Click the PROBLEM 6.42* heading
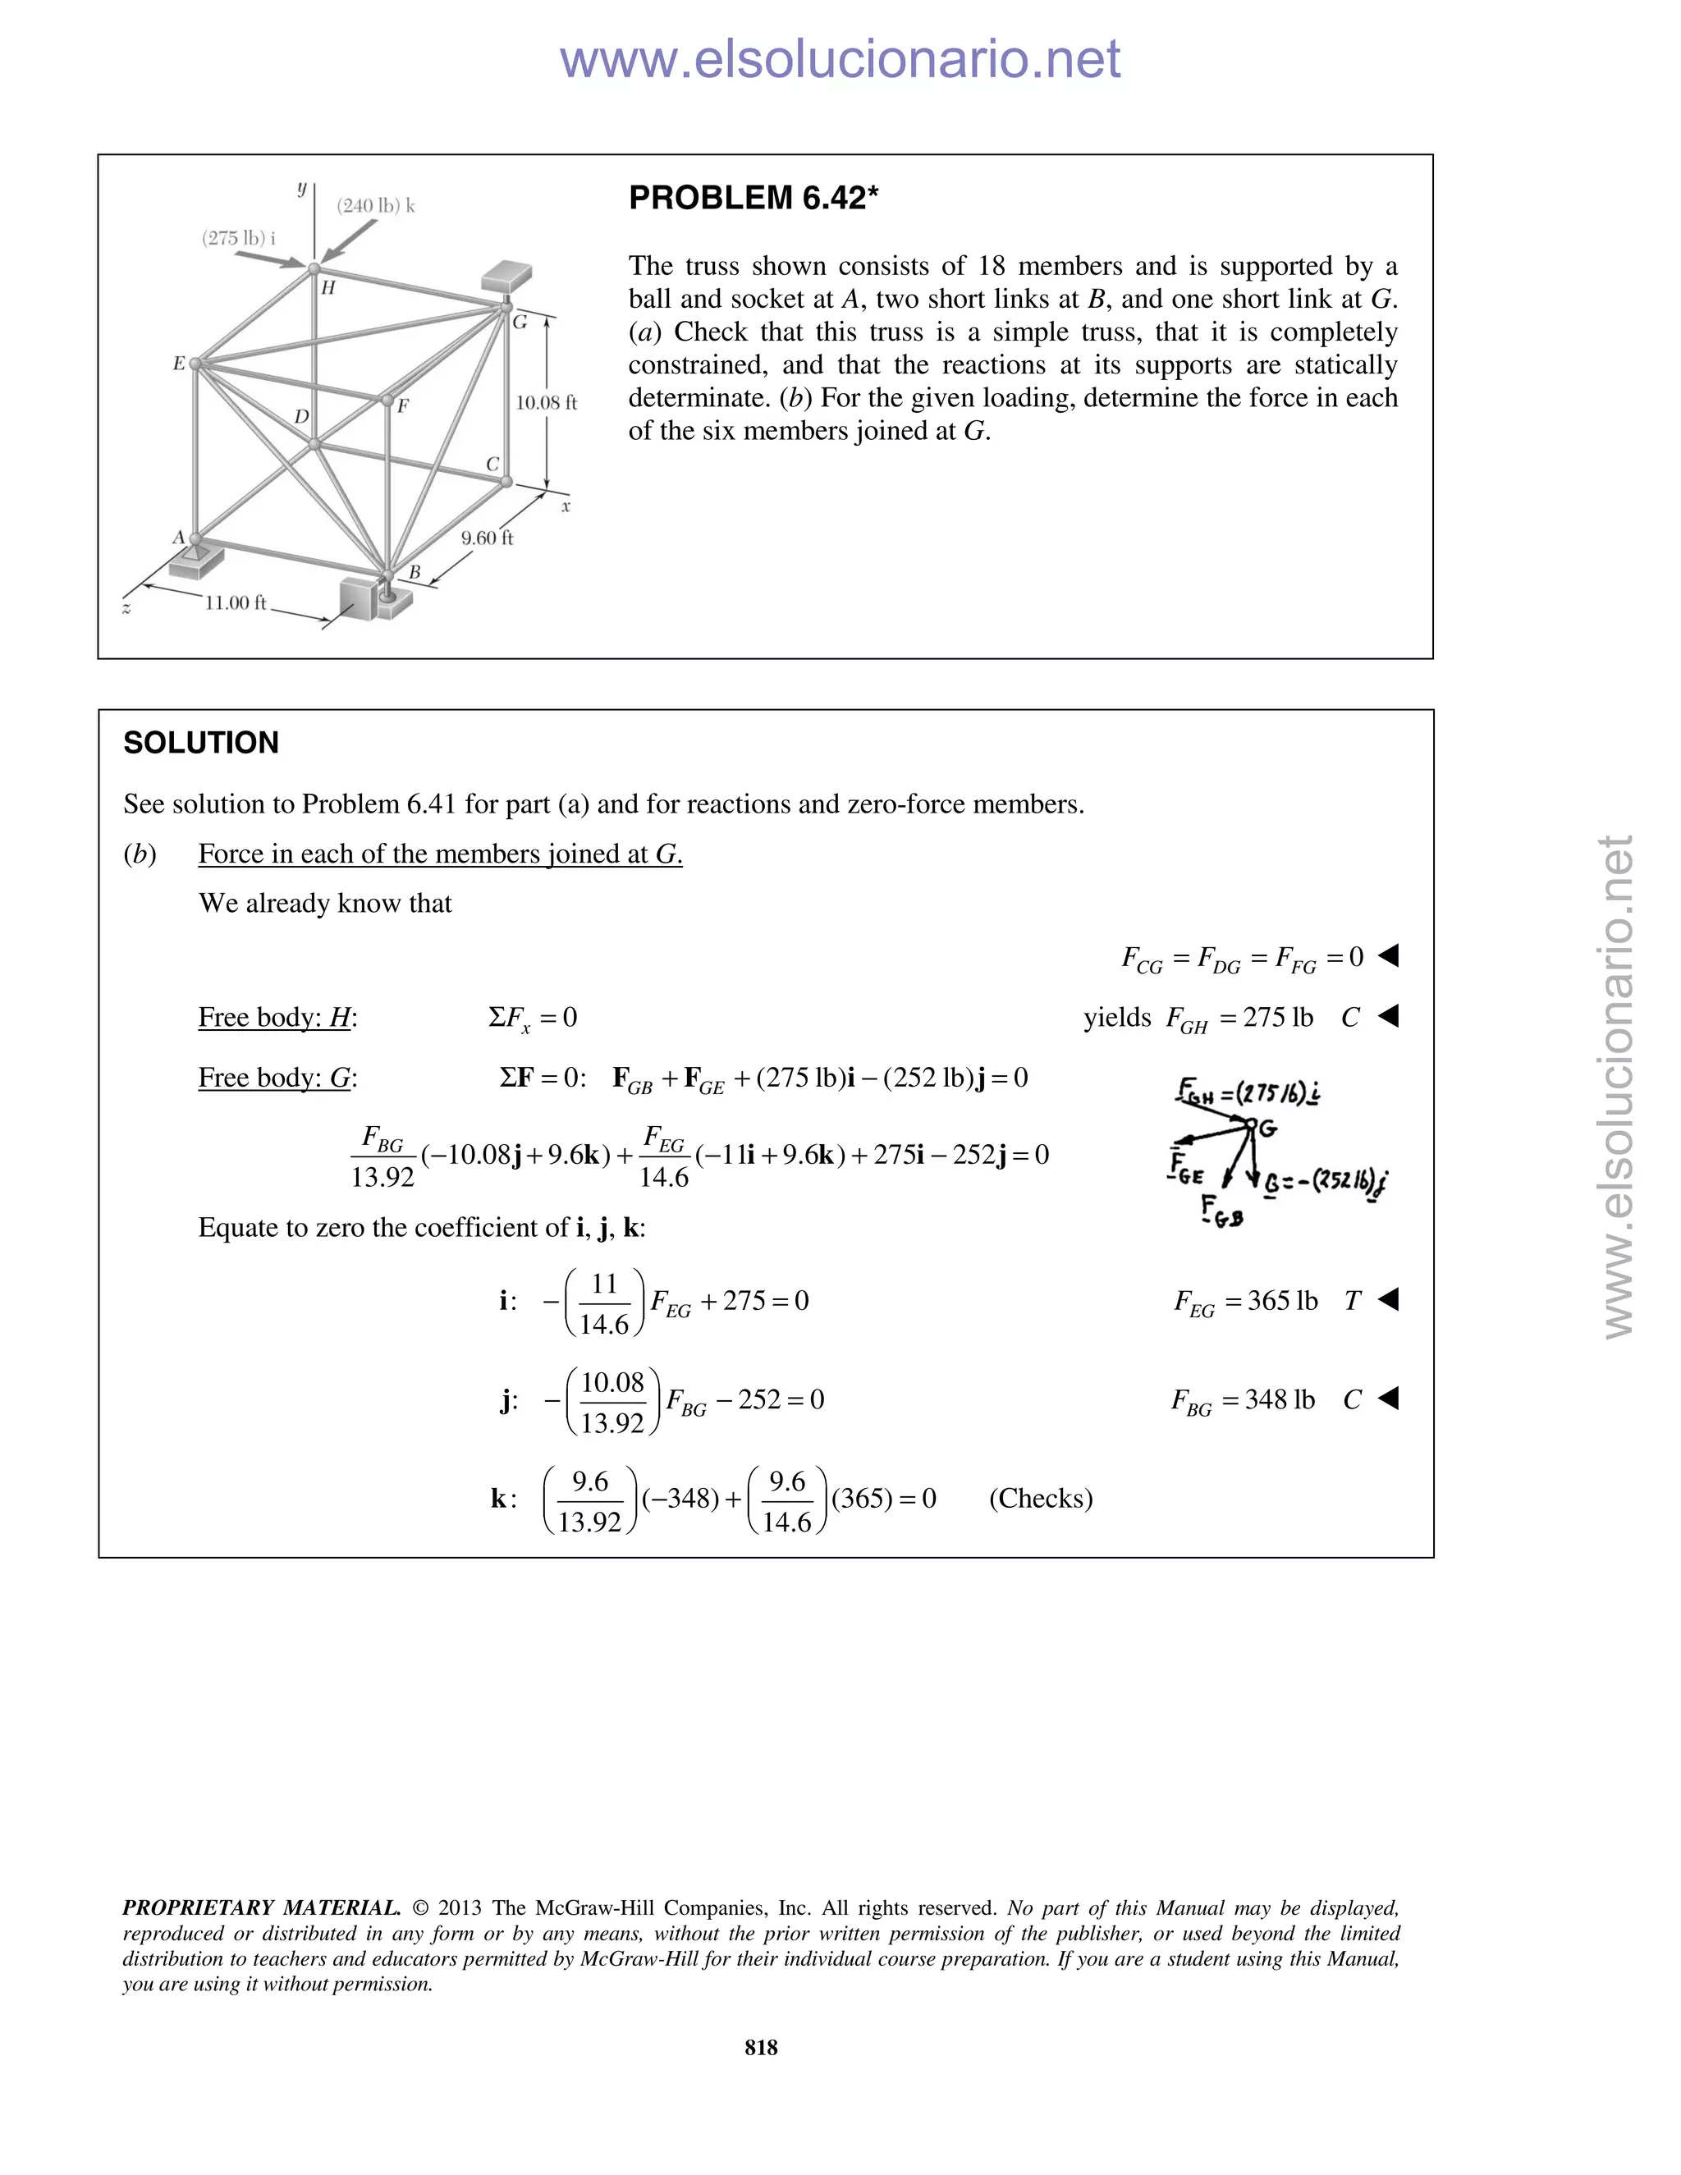click(x=753, y=198)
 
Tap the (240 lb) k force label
click(x=375, y=206)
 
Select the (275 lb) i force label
click(x=238, y=238)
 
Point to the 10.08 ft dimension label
click(x=546, y=402)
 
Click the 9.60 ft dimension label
click(x=487, y=538)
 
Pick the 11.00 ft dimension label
click(x=235, y=602)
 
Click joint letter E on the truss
click(x=179, y=364)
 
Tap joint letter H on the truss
click(x=327, y=289)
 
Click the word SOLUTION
click(x=201, y=743)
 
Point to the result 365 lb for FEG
click(x=1281, y=1301)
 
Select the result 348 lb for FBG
click(x=1280, y=1399)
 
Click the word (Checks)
click(x=1041, y=1498)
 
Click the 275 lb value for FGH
click(x=1278, y=1017)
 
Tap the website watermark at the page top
click(x=840, y=59)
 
